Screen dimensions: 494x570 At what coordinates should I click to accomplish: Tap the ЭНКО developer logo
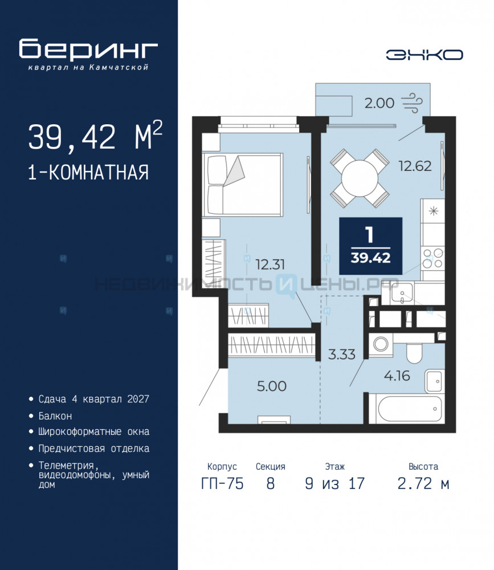pos(424,55)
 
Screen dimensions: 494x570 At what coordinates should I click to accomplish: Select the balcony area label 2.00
pos(379,103)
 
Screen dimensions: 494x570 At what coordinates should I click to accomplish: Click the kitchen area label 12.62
pos(415,166)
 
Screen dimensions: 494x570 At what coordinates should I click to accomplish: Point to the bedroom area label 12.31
pos(270,264)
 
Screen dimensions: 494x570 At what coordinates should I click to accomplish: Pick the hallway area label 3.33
pos(342,354)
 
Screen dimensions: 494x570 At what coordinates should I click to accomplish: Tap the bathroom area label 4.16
pos(397,376)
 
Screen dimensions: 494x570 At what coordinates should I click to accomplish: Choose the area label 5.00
pos(272,386)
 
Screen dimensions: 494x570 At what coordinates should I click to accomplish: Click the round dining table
pos(360,178)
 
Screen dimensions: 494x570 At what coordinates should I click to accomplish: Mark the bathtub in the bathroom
pos(406,409)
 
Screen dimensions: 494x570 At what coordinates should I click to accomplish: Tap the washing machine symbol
pos(381,344)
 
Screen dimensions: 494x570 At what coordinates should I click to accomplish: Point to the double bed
pos(243,184)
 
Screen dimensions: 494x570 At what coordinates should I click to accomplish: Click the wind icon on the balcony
pos(412,103)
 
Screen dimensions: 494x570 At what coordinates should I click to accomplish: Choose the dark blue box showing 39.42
pos(370,246)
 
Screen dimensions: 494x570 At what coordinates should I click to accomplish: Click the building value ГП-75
pos(222,483)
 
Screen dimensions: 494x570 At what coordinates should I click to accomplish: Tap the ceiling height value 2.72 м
pos(423,483)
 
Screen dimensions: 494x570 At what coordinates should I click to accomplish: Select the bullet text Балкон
pos(55,416)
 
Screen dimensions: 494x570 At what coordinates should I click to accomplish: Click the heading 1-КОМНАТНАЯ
pos(88,172)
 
